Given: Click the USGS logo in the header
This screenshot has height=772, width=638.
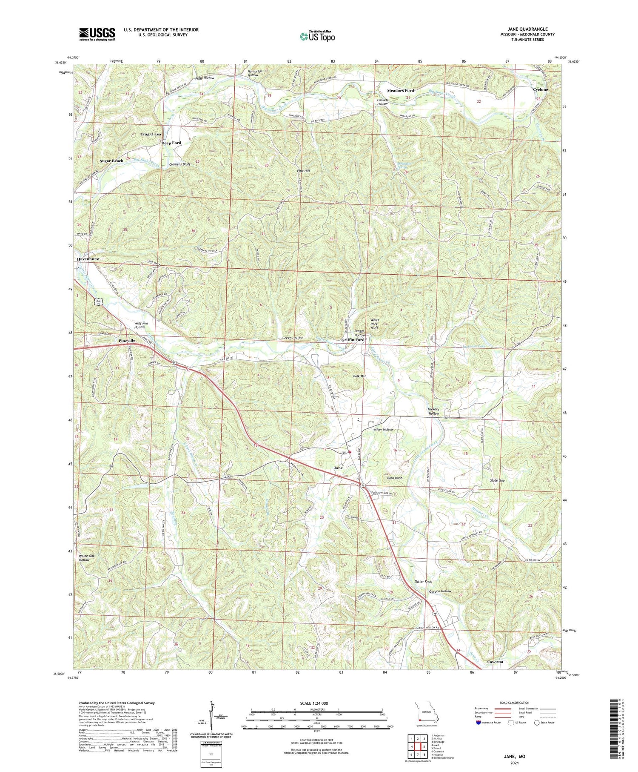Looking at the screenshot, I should click(x=97, y=34).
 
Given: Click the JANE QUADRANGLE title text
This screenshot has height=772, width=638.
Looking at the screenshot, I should click(x=527, y=29).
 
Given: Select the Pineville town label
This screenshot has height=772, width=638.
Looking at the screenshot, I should click(x=127, y=341).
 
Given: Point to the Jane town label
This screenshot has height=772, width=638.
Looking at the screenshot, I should click(x=338, y=468).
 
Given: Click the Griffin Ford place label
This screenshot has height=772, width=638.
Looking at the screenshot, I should click(x=353, y=340).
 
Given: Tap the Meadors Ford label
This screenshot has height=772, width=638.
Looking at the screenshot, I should click(x=400, y=91).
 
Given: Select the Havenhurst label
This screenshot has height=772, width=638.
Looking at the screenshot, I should click(x=91, y=259).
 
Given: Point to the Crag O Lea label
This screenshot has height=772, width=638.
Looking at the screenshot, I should click(x=151, y=134).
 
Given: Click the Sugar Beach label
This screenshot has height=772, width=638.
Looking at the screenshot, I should click(x=111, y=161).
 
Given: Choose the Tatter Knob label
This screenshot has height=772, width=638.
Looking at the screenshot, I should click(x=424, y=582).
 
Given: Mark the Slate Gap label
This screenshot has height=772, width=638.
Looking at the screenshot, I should click(x=497, y=480).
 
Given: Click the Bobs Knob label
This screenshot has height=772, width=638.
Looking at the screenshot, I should click(x=395, y=478).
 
